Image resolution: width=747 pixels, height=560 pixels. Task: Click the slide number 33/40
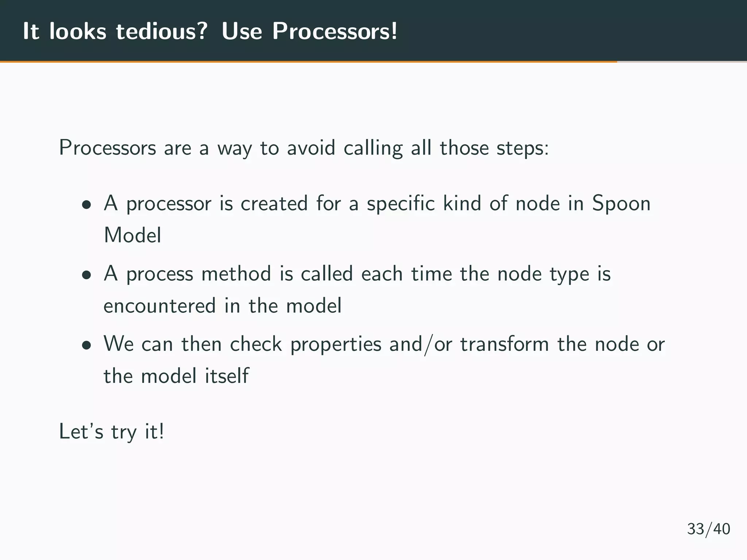click(x=708, y=529)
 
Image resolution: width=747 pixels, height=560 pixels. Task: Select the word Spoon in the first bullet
click(x=621, y=203)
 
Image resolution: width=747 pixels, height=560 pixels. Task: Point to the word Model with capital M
click(x=132, y=235)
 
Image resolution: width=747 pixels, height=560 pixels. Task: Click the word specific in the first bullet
click(x=401, y=203)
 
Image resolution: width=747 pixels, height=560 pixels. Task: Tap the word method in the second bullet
click(x=236, y=273)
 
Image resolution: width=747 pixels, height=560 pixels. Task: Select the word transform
click(x=504, y=344)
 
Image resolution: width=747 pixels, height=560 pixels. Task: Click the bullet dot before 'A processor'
click(x=86, y=205)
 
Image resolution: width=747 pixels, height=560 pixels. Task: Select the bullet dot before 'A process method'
click(x=86, y=275)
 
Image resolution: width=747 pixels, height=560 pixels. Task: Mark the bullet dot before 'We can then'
click(x=86, y=345)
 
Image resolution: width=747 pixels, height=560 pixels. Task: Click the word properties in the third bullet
click(x=336, y=345)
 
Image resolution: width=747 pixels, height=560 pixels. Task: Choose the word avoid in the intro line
click(x=311, y=148)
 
